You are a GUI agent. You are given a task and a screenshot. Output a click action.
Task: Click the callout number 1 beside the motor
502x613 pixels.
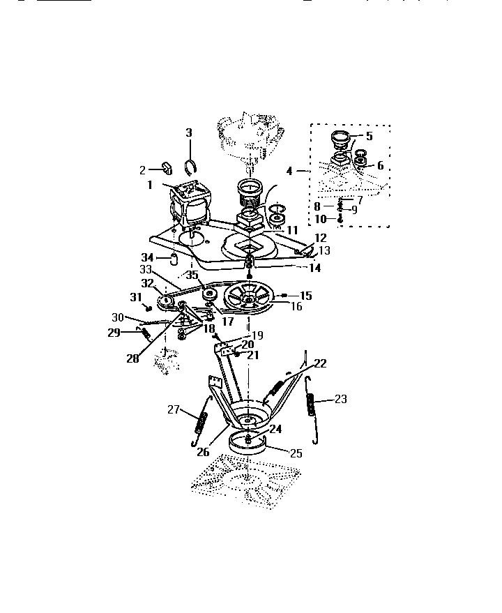pos(149,185)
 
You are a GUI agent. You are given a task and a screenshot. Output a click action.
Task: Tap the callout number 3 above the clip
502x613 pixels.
pos(188,133)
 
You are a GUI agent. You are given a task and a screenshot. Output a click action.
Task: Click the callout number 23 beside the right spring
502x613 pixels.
pos(340,399)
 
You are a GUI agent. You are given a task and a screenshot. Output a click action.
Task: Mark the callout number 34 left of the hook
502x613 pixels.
pos(148,257)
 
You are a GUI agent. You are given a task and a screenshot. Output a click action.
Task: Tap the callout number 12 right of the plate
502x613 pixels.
pos(321,238)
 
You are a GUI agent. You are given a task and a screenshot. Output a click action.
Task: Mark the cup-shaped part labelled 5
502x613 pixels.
pos(341,139)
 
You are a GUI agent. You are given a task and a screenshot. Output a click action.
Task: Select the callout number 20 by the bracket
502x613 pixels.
pos(248,344)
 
